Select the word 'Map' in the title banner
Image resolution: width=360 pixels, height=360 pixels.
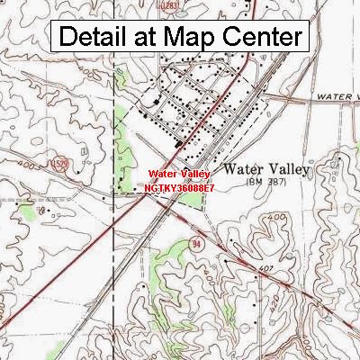pyautogui.click(x=189, y=38)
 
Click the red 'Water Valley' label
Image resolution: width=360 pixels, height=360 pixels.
pyautogui.click(x=179, y=173)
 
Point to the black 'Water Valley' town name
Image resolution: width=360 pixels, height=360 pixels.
pyautogui.click(x=265, y=168)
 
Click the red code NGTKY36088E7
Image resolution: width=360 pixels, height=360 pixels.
pyautogui.click(x=179, y=187)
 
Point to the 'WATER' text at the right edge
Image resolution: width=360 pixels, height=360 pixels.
pyautogui.click(x=337, y=94)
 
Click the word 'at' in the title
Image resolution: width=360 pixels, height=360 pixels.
pyautogui.click(x=148, y=38)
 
